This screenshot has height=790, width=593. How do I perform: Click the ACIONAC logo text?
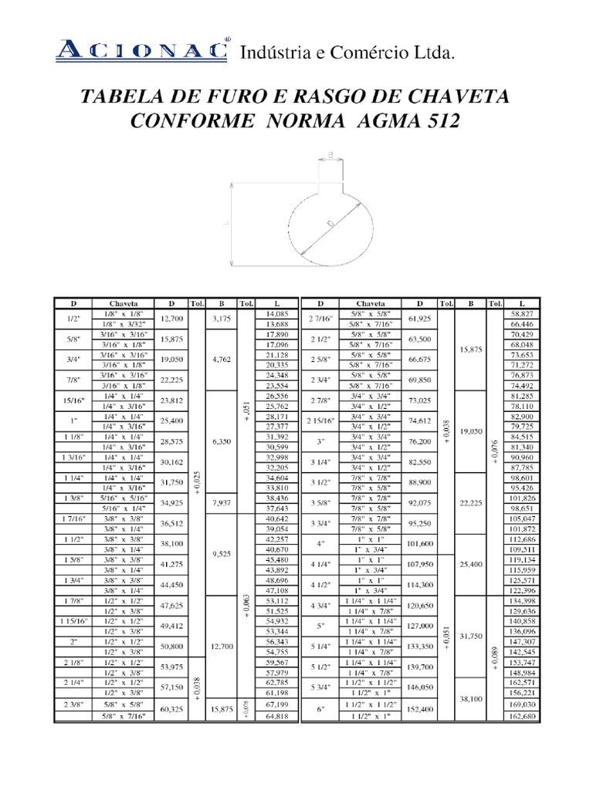pos(143,51)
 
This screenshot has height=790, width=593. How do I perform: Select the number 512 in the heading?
pos(439,121)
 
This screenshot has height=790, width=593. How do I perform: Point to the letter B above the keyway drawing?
pos(330,154)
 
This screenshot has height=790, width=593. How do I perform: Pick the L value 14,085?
pos(276,314)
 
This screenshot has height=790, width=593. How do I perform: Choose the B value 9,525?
pos(222,553)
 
